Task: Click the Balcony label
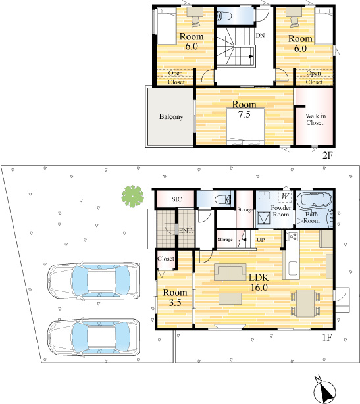click(x=171, y=117)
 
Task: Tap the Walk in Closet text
click(x=315, y=120)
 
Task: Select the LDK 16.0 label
click(x=259, y=282)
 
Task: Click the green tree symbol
click(x=132, y=196)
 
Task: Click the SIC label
click(x=177, y=199)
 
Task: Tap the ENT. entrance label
click(x=186, y=231)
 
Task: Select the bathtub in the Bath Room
click(x=314, y=199)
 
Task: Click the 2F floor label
click(x=328, y=155)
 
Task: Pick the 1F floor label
click(x=327, y=338)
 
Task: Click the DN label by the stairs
click(x=260, y=36)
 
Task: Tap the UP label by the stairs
click(x=261, y=240)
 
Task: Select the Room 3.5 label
click(x=175, y=297)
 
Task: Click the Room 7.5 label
click(x=244, y=109)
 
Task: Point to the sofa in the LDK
click(x=230, y=272)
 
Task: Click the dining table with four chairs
click(x=305, y=303)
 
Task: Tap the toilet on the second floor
click(x=224, y=16)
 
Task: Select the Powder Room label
click(x=280, y=211)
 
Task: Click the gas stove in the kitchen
click(x=293, y=236)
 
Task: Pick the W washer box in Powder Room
click(x=285, y=196)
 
